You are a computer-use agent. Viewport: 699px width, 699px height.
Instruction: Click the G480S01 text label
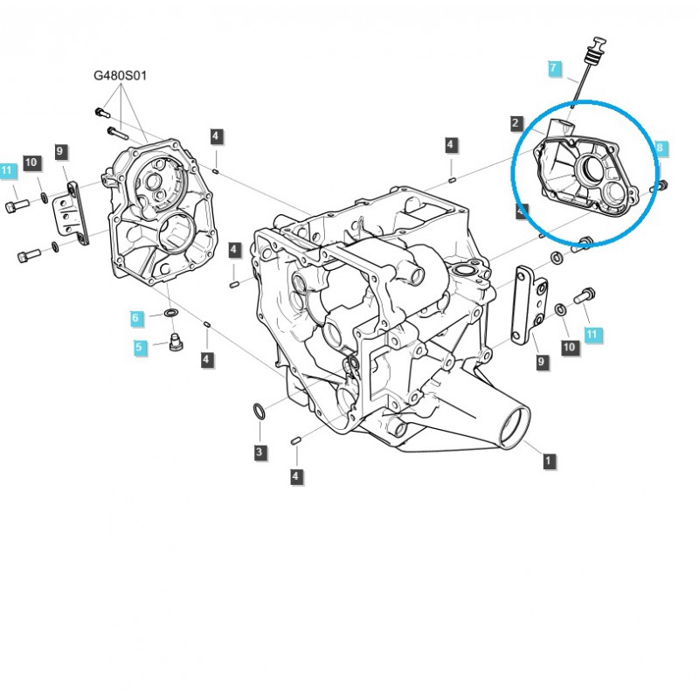click(x=121, y=76)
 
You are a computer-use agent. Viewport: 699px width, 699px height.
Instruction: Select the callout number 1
click(x=548, y=459)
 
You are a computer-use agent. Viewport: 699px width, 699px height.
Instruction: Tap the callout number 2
click(x=517, y=123)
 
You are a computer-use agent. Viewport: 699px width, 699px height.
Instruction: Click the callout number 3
click(x=260, y=452)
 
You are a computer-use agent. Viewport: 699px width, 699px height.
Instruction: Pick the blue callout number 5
click(x=138, y=347)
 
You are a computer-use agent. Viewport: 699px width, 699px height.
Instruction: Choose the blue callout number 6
click(x=136, y=318)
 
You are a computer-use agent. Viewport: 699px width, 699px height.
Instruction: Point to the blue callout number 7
click(x=553, y=67)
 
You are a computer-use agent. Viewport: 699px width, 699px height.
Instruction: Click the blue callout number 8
click(x=661, y=149)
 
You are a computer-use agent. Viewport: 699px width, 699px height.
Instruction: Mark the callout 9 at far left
click(x=60, y=152)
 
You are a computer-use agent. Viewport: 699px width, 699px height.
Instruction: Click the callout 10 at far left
click(x=31, y=163)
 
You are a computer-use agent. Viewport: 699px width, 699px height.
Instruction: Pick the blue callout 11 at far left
click(x=8, y=171)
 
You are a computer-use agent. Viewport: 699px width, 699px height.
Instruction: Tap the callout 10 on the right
click(x=569, y=347)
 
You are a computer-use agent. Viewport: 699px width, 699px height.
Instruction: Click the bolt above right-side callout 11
click(x=585, y=297)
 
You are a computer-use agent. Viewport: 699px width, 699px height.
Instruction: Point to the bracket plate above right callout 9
click(x=529, y=301)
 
